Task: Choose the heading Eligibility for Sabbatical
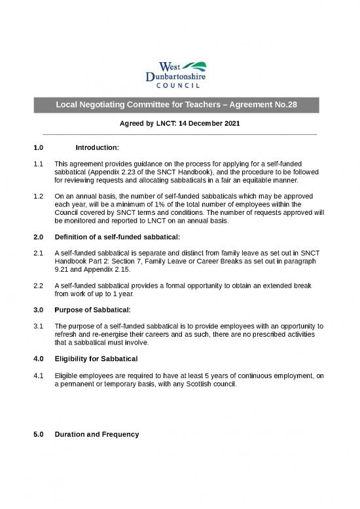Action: click(x=96, y=358)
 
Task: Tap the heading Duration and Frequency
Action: click(x=97, y=434)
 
